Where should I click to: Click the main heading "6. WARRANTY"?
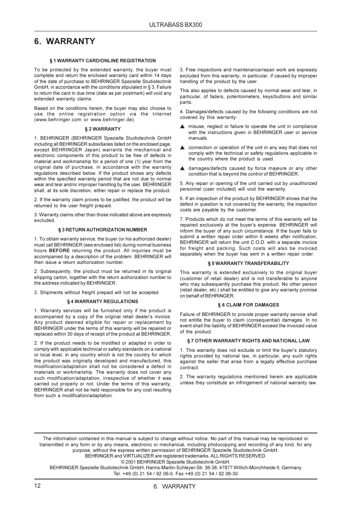tap(65, 42)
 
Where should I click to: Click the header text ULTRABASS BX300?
tap(175, 25)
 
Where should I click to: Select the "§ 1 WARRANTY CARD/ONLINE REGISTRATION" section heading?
tap(103, 61)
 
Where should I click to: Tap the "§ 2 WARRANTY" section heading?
tap(103, 129)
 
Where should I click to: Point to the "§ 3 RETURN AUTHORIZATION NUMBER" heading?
tap(103, 230)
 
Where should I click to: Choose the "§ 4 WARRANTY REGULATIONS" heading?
tap(103, 302)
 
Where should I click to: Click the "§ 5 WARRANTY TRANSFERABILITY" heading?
tap(248, 263)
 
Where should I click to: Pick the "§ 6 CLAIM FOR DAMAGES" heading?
tap(248, 305)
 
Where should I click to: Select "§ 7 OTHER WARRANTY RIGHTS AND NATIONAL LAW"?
tap(248, 341)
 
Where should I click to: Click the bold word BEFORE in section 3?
tap(59, 251)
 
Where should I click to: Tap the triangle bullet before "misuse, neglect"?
tap(182, 127)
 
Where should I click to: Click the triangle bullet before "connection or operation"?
tap(182, 148)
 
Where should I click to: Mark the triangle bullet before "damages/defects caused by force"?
tap(182, 168)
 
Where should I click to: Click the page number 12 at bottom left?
tap(37, 486)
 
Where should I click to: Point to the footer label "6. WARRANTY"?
tap(174, 487)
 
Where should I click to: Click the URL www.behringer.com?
tap(58, 120)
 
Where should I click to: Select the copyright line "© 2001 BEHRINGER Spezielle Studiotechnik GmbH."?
tap(175, 462)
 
